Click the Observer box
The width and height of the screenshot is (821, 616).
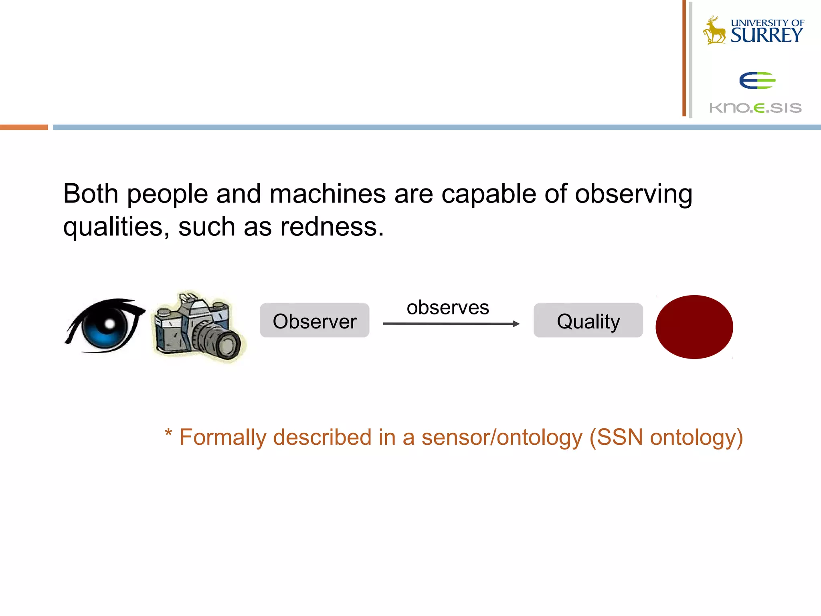click(x=315, y=320)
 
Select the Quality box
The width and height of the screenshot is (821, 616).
click(x=588, y=320)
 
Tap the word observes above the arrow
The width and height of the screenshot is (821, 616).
click(x=448, y=308)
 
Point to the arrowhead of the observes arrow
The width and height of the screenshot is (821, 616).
click(x=516, y=324)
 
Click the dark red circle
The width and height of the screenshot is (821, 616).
click(x=694, y=327)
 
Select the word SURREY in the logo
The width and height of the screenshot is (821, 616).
click(x=767, y=35)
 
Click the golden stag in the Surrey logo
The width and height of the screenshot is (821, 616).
click(x=715, y=31)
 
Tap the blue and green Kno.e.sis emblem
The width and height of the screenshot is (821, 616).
click(x=757, y=80)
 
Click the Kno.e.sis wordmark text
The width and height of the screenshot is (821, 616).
click(x=755, y=108)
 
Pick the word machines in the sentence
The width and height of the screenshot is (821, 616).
click(x=328, y=194)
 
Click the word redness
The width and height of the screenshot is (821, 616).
click(x=332, y=227)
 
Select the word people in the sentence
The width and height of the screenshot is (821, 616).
click(x=168, y=194)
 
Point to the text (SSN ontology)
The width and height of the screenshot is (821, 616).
click(x=666, y=437)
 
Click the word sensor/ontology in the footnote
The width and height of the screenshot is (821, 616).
click(x=501, y=437)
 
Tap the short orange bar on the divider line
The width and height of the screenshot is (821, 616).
click(x=24, y=127)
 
